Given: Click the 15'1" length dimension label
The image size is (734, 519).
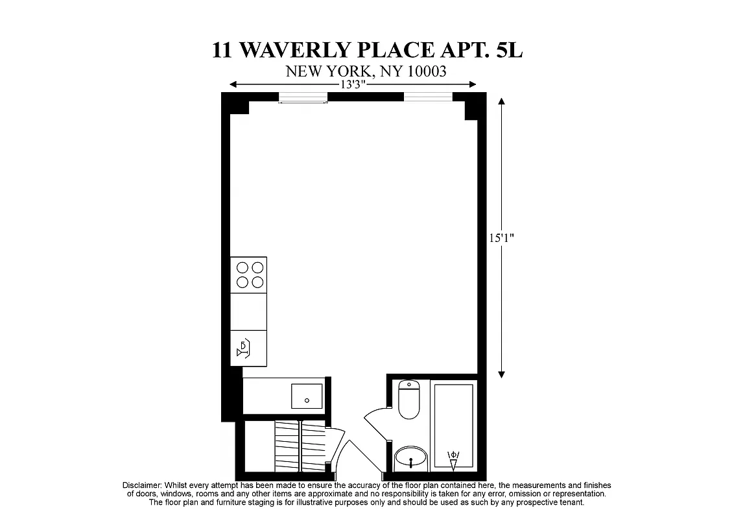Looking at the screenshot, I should point(502,237).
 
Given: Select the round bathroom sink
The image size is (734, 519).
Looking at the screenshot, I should point(411,459).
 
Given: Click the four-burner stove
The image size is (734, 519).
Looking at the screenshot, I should point(249,274).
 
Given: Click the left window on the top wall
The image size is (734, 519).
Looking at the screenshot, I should point(303,97).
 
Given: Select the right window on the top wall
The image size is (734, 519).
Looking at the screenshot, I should point(428,97).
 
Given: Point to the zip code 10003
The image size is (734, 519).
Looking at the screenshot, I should point(426,71).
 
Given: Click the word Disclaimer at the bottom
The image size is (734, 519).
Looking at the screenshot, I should point(141,485).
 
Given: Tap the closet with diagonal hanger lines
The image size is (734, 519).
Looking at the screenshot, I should point(300,446).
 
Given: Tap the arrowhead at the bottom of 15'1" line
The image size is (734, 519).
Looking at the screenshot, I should point(502,374).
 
